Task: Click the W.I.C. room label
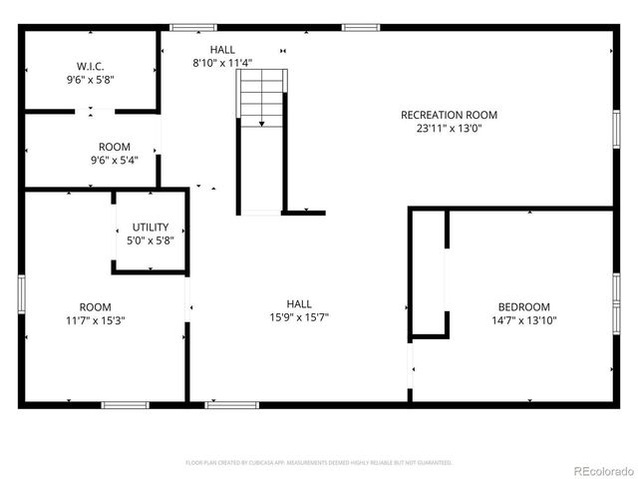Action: tap(91, 66)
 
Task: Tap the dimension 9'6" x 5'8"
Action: tap(91, 80)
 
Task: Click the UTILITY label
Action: tap(150, 227)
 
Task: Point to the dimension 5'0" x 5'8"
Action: tap(150, 240)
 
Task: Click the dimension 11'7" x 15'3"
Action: tap(96, 320)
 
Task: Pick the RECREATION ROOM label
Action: tap(449, 115)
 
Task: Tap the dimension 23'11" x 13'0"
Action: tap(449, 128)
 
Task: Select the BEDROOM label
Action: tap(524, 306)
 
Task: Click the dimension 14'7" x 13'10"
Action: tap(524, 320)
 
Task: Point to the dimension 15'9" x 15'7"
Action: tap(299, 317)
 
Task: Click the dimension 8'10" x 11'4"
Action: tap(222, 62)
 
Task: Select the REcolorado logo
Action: tap(601, 470)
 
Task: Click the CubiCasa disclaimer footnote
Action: tap(319, 463)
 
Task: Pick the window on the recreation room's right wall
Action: tap(615, 130)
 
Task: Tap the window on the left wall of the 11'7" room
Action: tap(21, 294)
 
